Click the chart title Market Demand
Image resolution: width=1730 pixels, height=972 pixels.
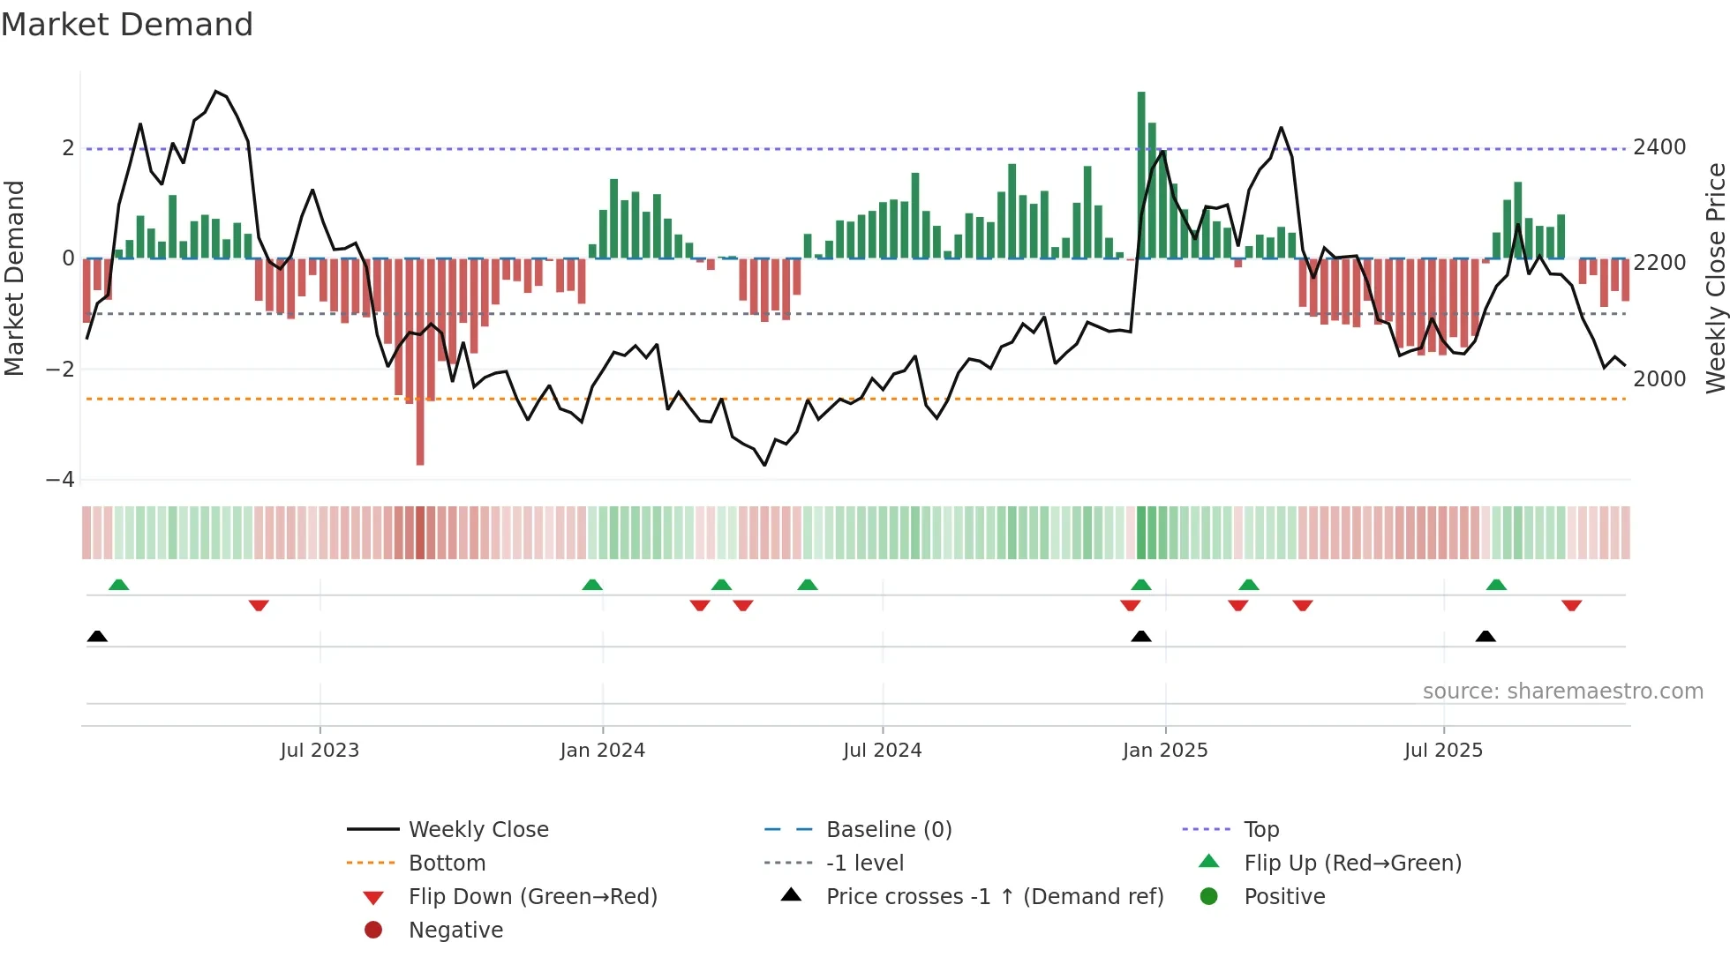[x=127, y=25]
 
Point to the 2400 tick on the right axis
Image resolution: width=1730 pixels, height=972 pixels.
[x=1659, y=147]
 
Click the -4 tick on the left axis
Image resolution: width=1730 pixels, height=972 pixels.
[x=60, y=480]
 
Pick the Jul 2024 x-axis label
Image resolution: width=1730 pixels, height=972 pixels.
[x=882, y=751]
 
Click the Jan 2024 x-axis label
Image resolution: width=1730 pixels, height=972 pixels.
[x=602, y=751]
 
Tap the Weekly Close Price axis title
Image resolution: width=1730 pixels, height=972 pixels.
[x=1715, y=278]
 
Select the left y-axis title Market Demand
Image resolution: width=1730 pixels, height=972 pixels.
[x=14, y=278]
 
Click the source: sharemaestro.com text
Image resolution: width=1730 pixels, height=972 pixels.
[x=1562, y=692]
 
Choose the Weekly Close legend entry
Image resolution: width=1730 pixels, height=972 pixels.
[x=478, y=830]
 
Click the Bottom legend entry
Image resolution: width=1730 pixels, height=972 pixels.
[x=447, y=864]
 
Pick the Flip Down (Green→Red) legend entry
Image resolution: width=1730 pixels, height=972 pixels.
[x=532, y=897]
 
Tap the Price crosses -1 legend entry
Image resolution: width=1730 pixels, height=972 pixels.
[x=994, y=897]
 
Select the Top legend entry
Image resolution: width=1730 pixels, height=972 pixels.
[x=1261, y=830]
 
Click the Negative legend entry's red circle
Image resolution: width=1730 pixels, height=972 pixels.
[x=373, y=931]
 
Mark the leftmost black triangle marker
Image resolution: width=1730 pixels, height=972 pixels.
[x=97, y=637]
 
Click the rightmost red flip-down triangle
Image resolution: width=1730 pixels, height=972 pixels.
[x=1571, y=605]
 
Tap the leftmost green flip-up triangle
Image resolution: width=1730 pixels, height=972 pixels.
[x=118, y=585]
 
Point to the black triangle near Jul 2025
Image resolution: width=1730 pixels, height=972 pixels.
[x=1486, y=637]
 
